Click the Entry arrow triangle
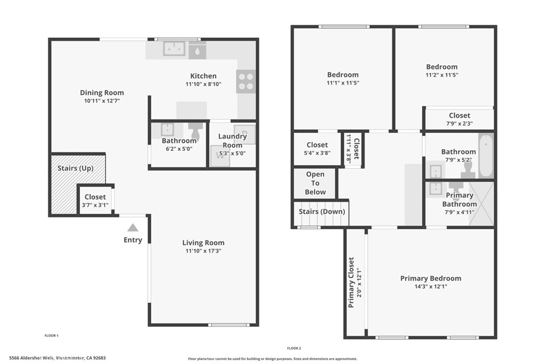(x=133, y=228)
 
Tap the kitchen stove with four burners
(x=245, y=81)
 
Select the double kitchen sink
(x=174, y=49)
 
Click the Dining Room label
(x=102, y=93)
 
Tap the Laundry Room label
(x=233, y=141)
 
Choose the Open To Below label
(x=315, y=183)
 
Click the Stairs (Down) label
(x=321, y=212)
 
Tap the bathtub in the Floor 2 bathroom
(x=485, y=156)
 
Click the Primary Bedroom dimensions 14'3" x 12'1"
(x=431, y=286)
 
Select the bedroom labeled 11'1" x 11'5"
(x=343, y=78)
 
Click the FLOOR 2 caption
(x=294, y=348)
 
